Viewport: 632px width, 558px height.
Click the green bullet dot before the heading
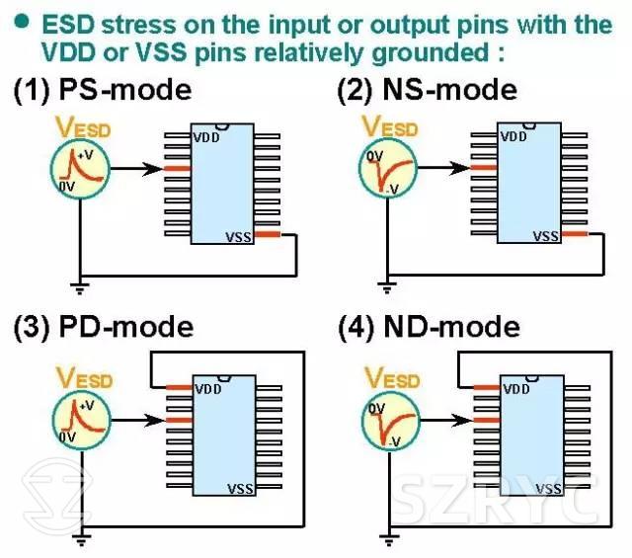(x=19, y=19)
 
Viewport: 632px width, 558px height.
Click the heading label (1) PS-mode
(x=102, y=91)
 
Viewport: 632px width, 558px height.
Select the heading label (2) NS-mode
(x=427, y=90)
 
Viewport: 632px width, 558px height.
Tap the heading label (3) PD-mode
(x=103, y=327)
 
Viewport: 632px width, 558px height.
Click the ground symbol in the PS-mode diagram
(x=80, y=287)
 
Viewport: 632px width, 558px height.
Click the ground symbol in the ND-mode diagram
(x=387, y=538)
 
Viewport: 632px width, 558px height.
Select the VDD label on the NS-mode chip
(x=513, y=136)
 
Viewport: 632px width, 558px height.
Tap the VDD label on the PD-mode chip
(x=207, y=389)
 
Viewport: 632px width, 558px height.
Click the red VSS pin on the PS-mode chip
(x=268, y=234)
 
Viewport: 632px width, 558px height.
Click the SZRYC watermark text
(x=498, y=501)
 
